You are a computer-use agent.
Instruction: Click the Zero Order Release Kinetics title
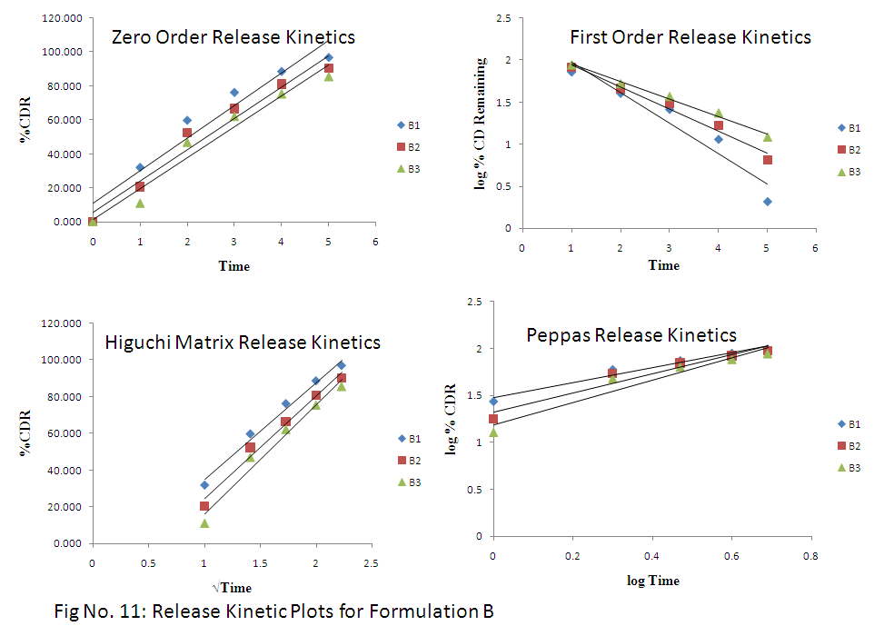[233, 37]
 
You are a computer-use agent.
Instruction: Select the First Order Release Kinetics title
[690, 37]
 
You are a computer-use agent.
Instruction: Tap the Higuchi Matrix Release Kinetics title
[243, 343]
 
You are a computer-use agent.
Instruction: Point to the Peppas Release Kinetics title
[631, 335]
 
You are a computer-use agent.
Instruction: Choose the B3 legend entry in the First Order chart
[855, 172]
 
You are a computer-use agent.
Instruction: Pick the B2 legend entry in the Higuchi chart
[414, 460]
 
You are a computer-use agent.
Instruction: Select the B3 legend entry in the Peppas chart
[855, 467]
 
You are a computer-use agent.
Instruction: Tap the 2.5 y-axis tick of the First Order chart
[502, 17]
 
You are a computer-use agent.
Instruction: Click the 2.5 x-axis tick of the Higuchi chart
[371, 563]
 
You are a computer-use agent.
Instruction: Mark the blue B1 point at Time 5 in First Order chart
[768, 202]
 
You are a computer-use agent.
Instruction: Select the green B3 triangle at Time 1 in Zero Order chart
[140, 204]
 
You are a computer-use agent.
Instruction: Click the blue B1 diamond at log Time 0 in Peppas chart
[493, 401]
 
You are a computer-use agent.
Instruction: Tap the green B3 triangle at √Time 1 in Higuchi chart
[204, 523]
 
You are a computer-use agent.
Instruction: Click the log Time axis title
[652, 581]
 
